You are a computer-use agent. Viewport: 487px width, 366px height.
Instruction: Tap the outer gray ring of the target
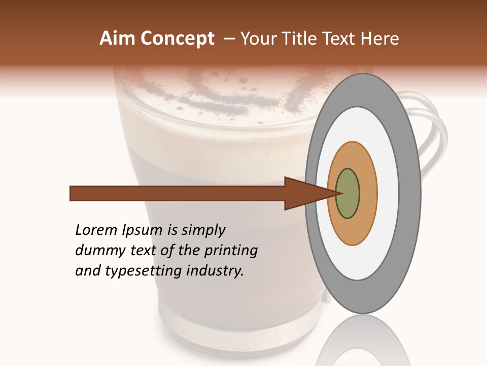click(x=409, y=193)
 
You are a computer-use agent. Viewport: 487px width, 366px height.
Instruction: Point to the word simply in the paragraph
click(x=203, y=230)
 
